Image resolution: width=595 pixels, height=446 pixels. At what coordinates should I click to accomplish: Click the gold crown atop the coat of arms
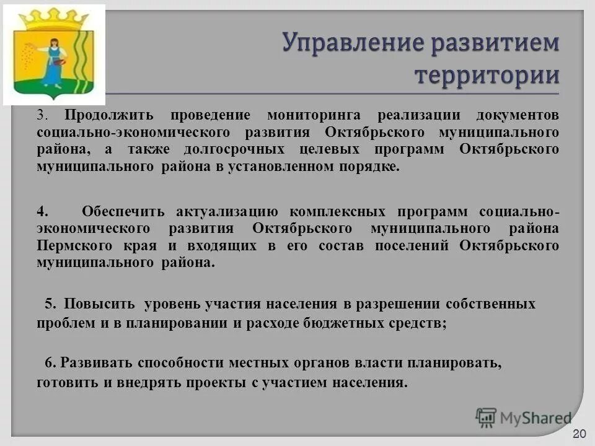(x=53, y=17)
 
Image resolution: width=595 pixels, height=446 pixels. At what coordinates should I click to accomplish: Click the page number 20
(x=580, y=433)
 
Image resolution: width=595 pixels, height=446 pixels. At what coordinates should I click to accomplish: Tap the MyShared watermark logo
(x=524, y=417)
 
